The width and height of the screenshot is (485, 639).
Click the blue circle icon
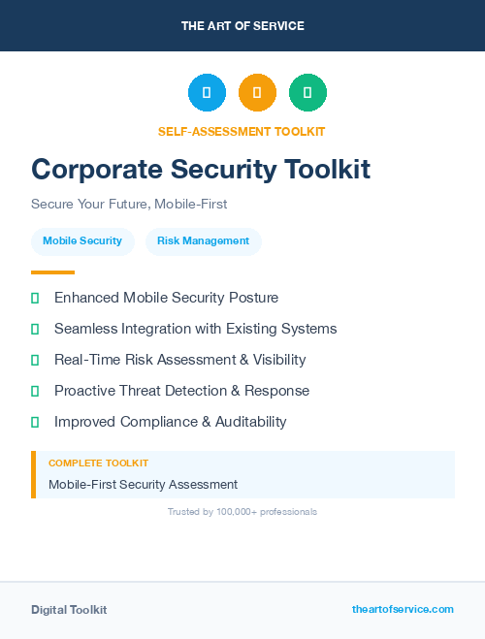tap(207, 93)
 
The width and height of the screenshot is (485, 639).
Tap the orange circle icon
tap(257, 93)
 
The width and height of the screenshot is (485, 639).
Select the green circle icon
tap(307, 93)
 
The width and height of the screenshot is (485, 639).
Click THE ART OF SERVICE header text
tap(242, 26)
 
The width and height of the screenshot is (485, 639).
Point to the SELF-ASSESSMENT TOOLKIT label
tap(242, 131)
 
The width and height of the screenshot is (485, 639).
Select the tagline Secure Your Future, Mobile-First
tap(129, 205)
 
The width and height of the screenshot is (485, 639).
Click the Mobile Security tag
tap(82, 240)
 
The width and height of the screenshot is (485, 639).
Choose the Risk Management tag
tap(203, 240)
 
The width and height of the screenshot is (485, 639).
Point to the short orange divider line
tap(52, 272)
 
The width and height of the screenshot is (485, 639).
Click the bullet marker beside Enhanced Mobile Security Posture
tap(35, 298)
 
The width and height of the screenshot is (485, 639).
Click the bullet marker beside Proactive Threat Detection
tap(35, 391)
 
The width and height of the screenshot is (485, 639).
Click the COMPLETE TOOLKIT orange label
tap(98, 463)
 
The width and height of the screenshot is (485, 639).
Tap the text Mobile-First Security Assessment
tap(143, 484)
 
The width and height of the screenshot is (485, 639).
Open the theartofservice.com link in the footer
tap(403, 609)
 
